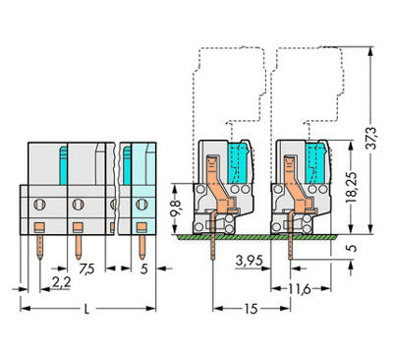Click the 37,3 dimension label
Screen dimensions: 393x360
point(371,138)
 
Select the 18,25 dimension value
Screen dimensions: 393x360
point(352,187)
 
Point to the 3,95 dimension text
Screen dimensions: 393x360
point(249,261)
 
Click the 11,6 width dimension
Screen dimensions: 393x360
point(300,289)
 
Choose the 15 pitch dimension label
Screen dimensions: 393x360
point(251,309)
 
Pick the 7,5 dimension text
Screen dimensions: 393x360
point(86,270)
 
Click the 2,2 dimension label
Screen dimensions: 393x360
point(61,281)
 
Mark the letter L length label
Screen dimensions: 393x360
point(86,309)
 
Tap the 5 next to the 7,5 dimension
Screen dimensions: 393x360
point(143,270)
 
